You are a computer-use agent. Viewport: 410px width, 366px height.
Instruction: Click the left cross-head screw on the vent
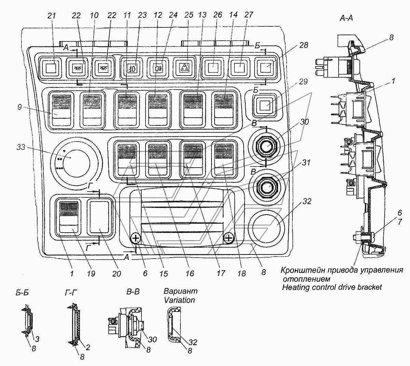135,238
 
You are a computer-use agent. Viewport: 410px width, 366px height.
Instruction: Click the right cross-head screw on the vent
229,237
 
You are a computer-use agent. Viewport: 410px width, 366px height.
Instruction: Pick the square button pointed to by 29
264,104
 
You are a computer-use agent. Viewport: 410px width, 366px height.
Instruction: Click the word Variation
179,300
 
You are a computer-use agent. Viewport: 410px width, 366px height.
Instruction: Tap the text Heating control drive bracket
332,287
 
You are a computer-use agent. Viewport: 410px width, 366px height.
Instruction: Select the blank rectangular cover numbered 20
99,218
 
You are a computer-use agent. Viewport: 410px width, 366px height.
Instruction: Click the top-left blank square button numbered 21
51,67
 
